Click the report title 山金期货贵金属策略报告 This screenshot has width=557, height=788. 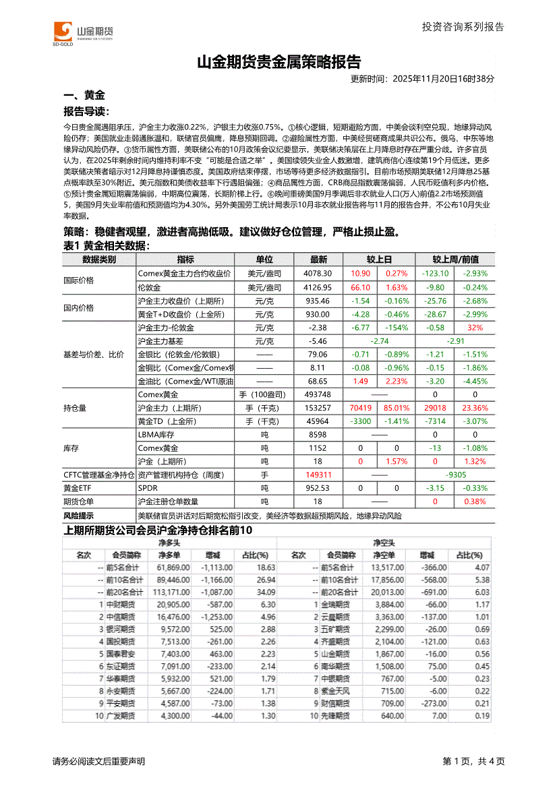278,62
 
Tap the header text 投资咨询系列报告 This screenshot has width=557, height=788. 463,27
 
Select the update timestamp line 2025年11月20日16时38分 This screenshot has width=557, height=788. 423,78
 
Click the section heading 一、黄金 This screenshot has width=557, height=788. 84,96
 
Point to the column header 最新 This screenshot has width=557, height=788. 318,260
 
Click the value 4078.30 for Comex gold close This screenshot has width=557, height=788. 318,274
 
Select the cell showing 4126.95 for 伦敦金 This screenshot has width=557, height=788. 318,286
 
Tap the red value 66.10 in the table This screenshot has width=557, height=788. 361,286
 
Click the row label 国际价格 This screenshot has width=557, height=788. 79,280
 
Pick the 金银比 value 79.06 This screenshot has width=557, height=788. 318,355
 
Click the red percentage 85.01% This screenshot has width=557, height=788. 397,408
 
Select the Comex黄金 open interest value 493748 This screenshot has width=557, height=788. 318,394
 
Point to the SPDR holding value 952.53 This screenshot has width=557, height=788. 318,488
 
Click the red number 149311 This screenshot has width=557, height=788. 318,475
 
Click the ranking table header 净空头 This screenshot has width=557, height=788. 384,542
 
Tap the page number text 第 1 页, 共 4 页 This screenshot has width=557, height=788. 473,761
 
